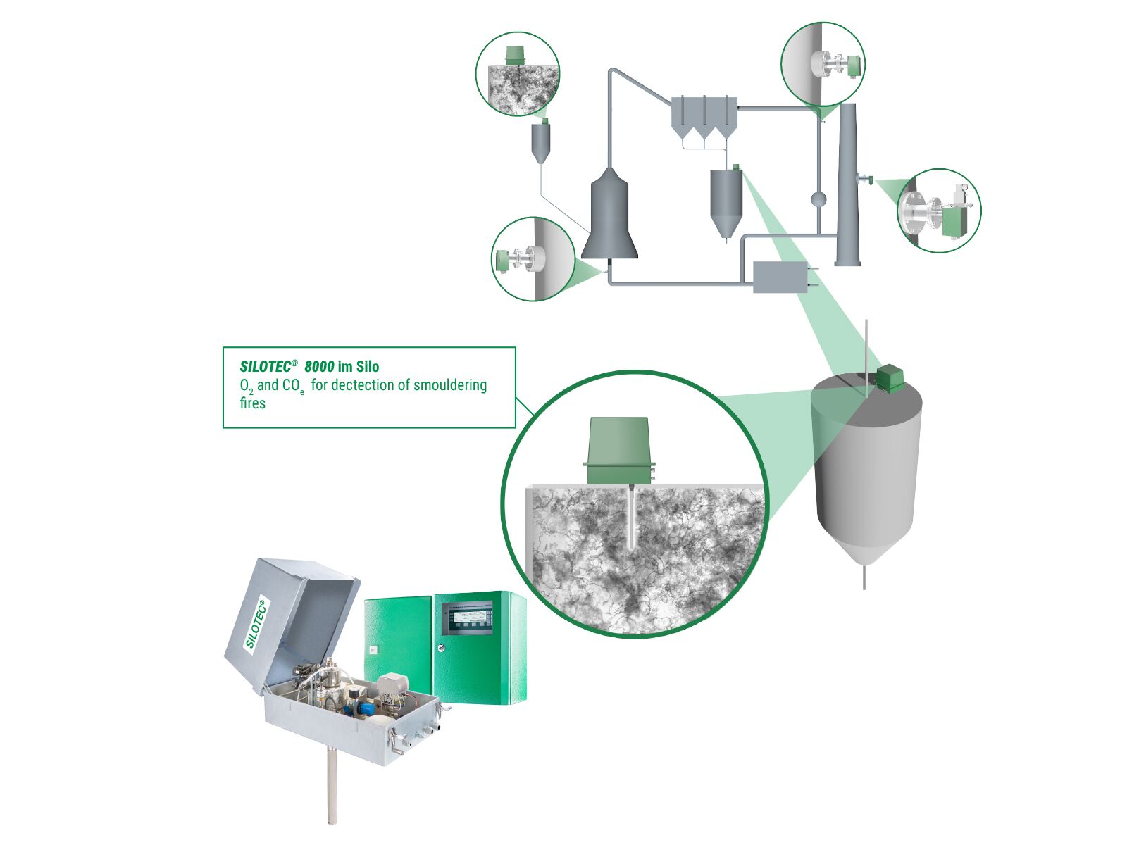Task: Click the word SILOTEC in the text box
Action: [265, 366]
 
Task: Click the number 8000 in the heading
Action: [319, 366]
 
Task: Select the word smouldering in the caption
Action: [450, 385]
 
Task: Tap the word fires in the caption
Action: [252, 403]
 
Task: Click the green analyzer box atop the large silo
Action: [890, 379]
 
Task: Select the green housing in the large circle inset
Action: [618, 451]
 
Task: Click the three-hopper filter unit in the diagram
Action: [704, 117]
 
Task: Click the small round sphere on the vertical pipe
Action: [818, 199]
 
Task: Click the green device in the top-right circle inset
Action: [854, 65]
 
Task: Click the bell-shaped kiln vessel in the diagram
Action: [609, 218]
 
